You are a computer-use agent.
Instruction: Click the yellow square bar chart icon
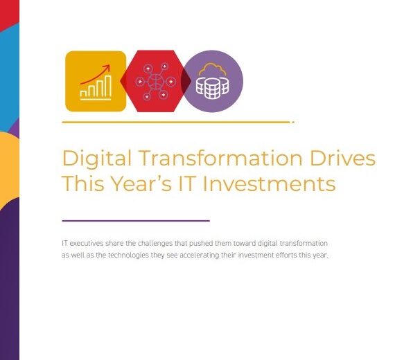pos(96,81)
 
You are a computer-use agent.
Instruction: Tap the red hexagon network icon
pos(155,81)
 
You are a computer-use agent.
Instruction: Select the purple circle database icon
pos(212,81)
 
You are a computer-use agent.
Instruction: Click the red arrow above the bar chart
pos(96,74)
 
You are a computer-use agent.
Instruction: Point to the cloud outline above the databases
pos(212,69)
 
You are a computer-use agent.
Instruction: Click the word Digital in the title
pos(97,159)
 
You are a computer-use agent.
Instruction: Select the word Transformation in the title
pos(220,158)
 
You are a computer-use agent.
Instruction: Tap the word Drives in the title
pos(342,158)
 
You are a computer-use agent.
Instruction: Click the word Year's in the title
pos(141,183)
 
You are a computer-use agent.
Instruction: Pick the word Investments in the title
pos(270,183)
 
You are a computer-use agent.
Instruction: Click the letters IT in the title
pos(187,183)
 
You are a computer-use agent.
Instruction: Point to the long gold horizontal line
pos(178,122)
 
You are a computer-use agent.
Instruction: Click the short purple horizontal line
pos(136,221)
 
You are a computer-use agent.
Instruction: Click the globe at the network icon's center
pos(155,81)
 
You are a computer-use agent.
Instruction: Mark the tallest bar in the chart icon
pos(108,87)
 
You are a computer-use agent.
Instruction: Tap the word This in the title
pos(83,183)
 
